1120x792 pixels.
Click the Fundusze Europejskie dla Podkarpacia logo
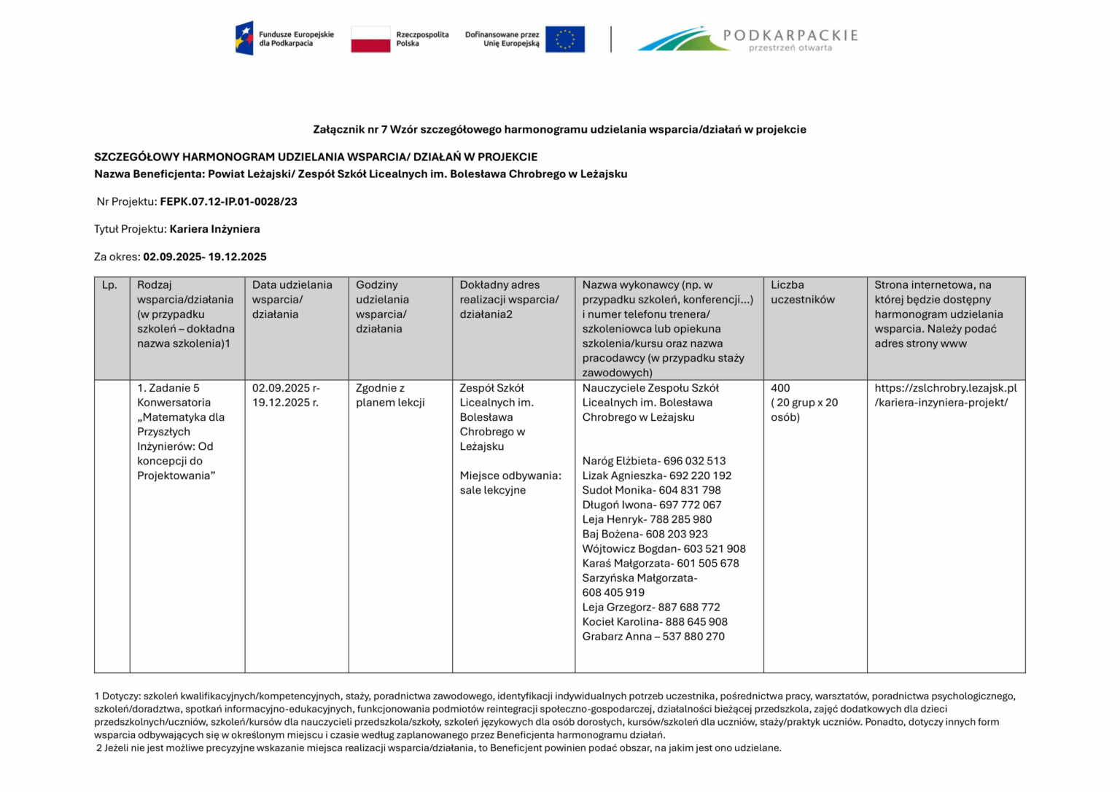[284, 39]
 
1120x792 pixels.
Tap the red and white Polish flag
[370, 39]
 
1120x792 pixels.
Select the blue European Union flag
[564, 39]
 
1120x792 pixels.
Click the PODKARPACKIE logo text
[790, 36]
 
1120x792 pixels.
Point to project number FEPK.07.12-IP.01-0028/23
[228, 202]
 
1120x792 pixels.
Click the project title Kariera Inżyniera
[214, 229]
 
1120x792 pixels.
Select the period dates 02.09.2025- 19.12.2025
[204, 257]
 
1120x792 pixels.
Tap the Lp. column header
[110, 285]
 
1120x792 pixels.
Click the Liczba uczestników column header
[802, 292]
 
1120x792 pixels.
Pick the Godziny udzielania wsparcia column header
[382, 307]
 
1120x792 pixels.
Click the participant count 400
[780, 388]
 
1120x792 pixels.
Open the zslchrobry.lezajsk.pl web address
[945, 395]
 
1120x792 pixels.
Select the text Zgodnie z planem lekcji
[389, 395]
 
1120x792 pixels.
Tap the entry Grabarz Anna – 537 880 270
[653, 637]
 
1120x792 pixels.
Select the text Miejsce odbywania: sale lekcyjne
[510, 483]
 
